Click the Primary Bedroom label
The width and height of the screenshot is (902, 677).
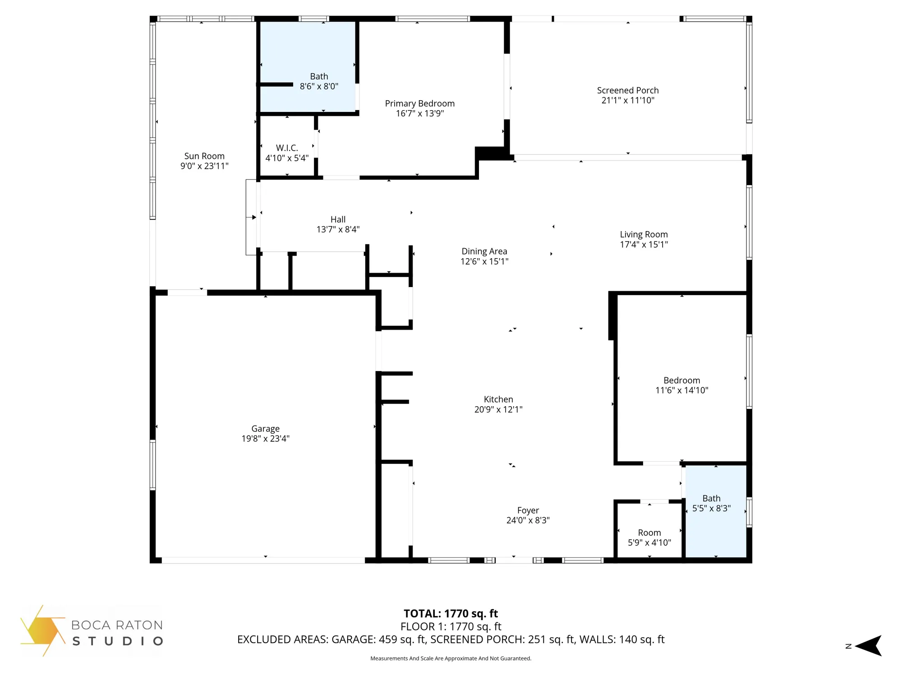pos(419,104)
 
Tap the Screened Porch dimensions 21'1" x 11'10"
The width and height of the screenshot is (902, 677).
pos(627,101)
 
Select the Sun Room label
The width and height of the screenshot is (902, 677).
pos(204,156)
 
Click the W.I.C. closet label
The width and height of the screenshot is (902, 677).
pos(287,148)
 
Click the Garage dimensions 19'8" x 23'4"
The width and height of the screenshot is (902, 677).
pos(265,439)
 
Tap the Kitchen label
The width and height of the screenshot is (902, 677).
pos(498,399)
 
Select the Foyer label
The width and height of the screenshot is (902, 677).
pos(528,510)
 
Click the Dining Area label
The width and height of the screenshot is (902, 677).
pos(484,251)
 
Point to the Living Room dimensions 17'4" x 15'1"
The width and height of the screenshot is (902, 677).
pos(644,245)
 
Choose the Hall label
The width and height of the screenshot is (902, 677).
pos(338,220)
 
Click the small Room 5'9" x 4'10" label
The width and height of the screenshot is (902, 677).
pos(649,533)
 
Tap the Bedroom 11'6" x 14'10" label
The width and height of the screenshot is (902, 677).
pos(681,380)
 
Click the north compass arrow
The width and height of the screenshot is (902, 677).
pos(868,646)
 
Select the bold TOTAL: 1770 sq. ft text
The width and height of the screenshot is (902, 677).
pos(451,614)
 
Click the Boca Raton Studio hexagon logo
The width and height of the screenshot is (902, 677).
pos(43,631)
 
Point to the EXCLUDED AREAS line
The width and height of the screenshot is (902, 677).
pos(451,640)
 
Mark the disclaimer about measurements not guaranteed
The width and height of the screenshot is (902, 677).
pos(451,658)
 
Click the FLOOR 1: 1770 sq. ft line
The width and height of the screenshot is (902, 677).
pos(451,626)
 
